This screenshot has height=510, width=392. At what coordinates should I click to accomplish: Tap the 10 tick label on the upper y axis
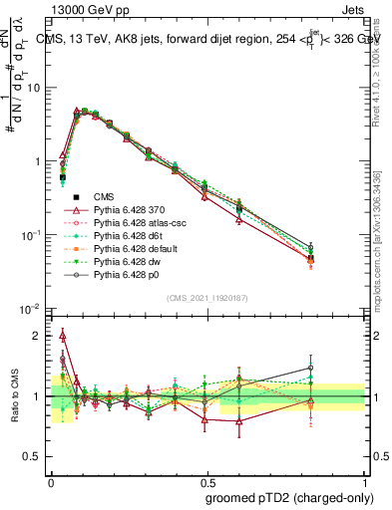pyautogui.click(x=36, y=88)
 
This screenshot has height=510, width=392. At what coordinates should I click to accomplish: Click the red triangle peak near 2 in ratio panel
pyautogui.click(x=63, y=335)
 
